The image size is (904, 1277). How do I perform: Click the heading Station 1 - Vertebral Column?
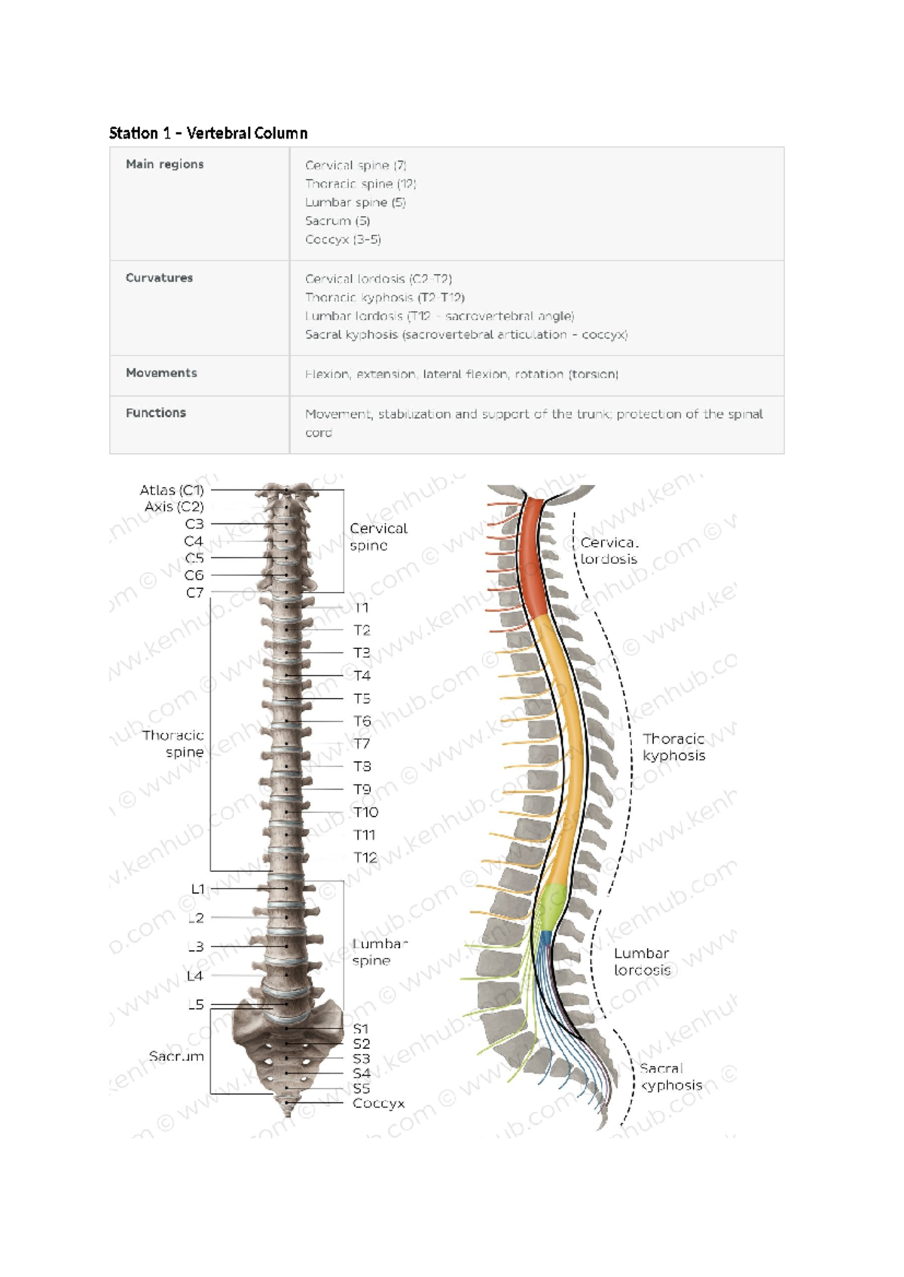[x=208, y=133]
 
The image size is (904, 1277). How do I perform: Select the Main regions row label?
[x=164, y=164]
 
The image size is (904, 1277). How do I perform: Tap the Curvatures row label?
[x=159, y=278]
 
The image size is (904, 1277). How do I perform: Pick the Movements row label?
[x=161, y=373]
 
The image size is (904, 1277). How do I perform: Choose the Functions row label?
[x=155, y=413]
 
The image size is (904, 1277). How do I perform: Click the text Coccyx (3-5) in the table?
[x=343, y=239]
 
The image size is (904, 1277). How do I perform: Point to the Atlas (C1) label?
[x=172, y=490]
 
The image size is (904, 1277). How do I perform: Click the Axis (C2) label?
[x=174, y=507]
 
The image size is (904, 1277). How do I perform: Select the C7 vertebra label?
[x=194, y=593]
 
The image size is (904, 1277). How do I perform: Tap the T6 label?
[x=362, y=721]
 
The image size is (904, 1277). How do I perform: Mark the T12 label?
[x=365, y=858]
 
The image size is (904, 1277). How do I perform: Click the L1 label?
[x=197, y=889]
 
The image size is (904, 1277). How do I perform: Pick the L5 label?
[x=195, y=1004]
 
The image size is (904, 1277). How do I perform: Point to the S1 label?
[x=361, y=1029]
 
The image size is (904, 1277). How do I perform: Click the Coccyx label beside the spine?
[x=378, y=1103]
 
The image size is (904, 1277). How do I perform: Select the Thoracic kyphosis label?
[x=673, y=747]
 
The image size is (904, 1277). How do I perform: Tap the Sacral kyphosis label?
[x=670, y=1077]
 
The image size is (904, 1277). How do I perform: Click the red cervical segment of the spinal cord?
[x=536, y=557]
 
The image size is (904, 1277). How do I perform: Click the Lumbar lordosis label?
[x=642, y=962]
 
